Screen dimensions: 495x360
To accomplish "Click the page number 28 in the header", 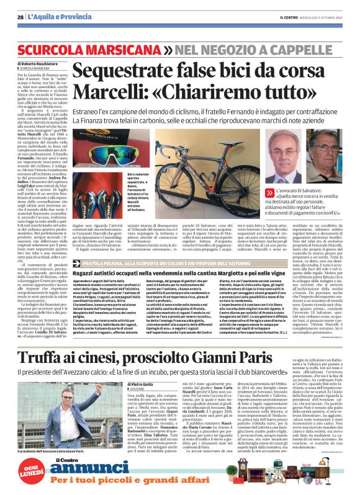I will (20, 17).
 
